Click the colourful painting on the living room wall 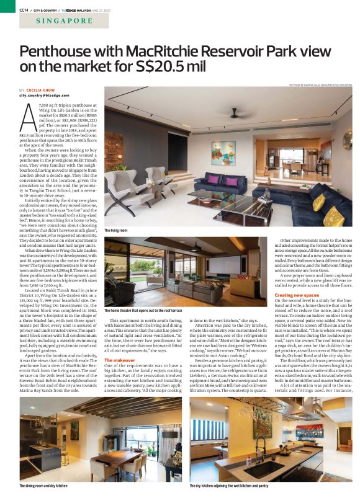pyautogui.click(x=223, y=152)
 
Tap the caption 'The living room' pyautogui.click(x=115, y=231)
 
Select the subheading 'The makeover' pyautogui.click(x=119, y=360)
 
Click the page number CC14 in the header pyautogui.click(x=24, y=10)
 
